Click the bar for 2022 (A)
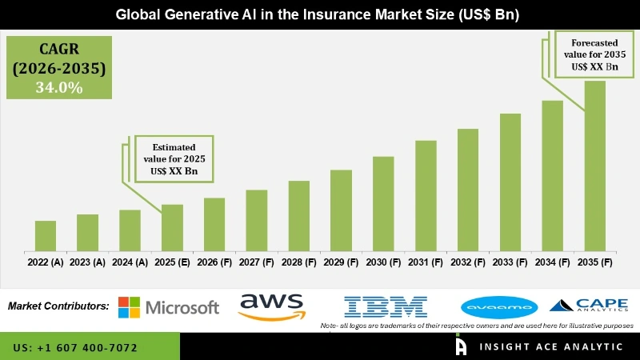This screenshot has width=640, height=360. tap(46, 235)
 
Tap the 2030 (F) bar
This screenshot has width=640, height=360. tap(383, 203)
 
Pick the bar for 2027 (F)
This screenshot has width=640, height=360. tap(257, 220)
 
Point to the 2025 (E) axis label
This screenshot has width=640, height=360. tap(172, 262)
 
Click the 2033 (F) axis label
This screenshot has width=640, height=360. tap(510, 262)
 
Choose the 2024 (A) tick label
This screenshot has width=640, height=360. tap(130, 262)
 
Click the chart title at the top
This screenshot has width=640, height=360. tap(321, 14)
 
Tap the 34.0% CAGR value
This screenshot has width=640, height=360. tap(58, 88)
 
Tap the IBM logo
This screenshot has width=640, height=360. tap(386, 306)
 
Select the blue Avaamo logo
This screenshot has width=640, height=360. tap(500, 306)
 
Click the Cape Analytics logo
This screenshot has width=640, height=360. tap(589, 305)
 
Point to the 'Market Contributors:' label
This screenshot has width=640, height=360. tap(58, 306)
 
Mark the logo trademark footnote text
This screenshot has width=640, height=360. tap(477, 326)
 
